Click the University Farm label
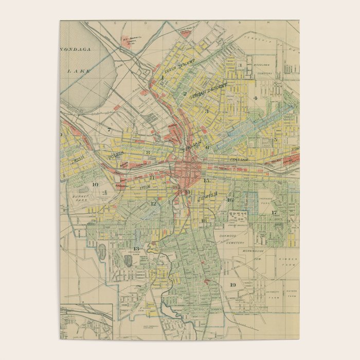[273, 294]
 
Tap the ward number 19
[232, 285]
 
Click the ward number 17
[274, 212]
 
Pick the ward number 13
[136, 249]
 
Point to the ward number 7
[110, 130]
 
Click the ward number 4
[255, 98]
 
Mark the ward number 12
[153, 204]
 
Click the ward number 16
[230, 200]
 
